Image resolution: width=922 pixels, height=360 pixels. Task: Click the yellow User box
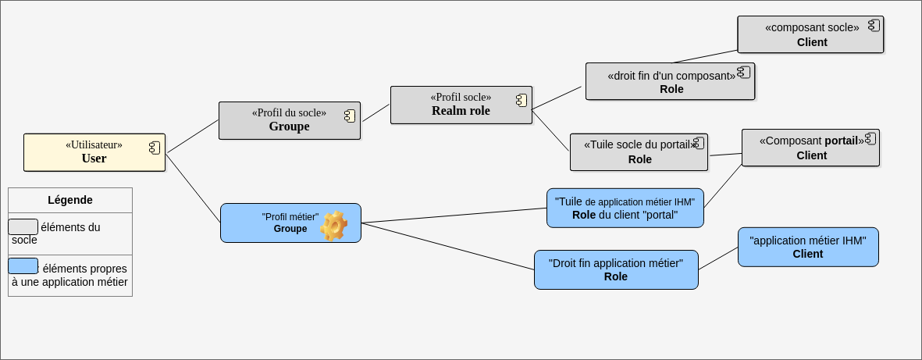click(x=94, y=152)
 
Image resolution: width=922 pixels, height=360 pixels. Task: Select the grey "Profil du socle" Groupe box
click(x=289, y=120)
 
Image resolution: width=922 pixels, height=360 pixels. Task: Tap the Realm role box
click(x=461, y=105)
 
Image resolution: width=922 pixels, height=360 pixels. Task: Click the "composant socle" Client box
click(x=810, y=34)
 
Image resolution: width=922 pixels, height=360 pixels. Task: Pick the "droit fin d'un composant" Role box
click(x=670, y=81)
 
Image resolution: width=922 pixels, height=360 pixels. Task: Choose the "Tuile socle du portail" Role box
click(x=639, y=151)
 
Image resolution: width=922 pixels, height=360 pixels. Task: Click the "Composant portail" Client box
click(x=810, y=148)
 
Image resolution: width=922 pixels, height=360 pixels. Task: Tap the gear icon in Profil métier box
click(x=334, y=226)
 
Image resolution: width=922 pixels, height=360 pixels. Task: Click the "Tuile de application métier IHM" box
click(x=625, y=208)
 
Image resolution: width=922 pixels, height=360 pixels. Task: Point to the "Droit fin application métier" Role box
click(x=616, y=269)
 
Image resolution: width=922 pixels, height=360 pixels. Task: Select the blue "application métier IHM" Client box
click(x=808, y=247)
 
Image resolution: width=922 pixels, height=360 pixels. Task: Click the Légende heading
click(x=70, y=200)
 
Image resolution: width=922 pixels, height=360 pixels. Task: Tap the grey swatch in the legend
click(x=23, y=226)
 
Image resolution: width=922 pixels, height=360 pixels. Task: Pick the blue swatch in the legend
click(x=23, y=266)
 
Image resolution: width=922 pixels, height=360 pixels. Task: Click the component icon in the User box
click(x=155, y=148)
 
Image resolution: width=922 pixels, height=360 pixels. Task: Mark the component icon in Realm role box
click(x=522, y=100)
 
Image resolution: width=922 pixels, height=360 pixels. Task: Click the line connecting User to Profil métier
click(x=193, y=188)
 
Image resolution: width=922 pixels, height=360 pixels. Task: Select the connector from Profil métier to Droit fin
click(x=449, y=247)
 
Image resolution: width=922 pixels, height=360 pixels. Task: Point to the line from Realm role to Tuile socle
click(x=550, y=130)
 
